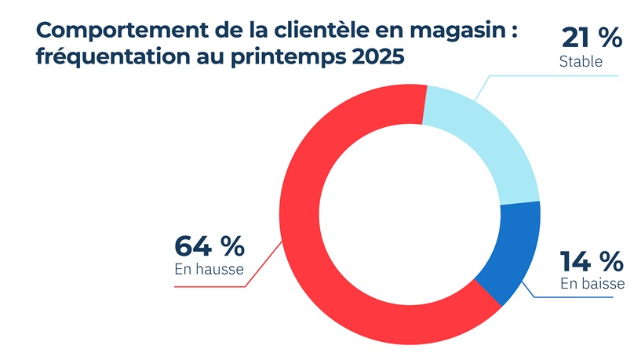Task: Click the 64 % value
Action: [x=209, y=246]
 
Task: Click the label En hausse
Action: [x=209, y=270]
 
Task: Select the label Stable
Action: [x=581, y=62]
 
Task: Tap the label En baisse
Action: [x=592, y=284]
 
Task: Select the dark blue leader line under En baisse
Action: [x=581, y=297]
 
